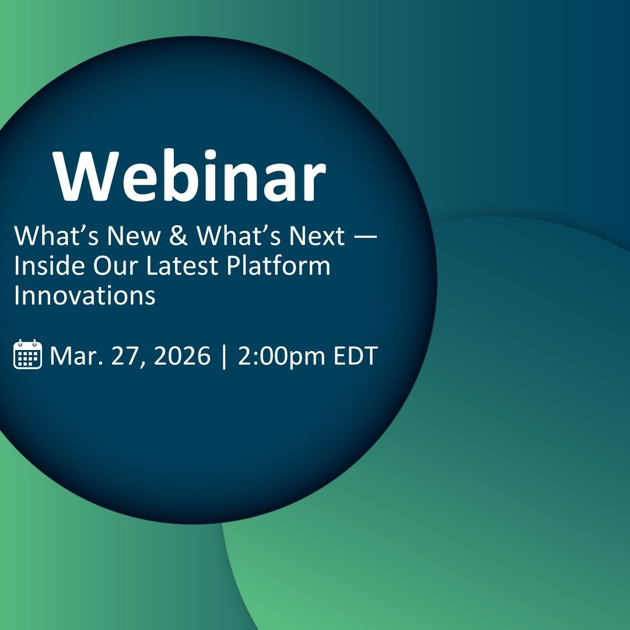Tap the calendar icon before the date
27,354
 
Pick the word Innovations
85,296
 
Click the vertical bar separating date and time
224,356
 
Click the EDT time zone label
356,355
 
